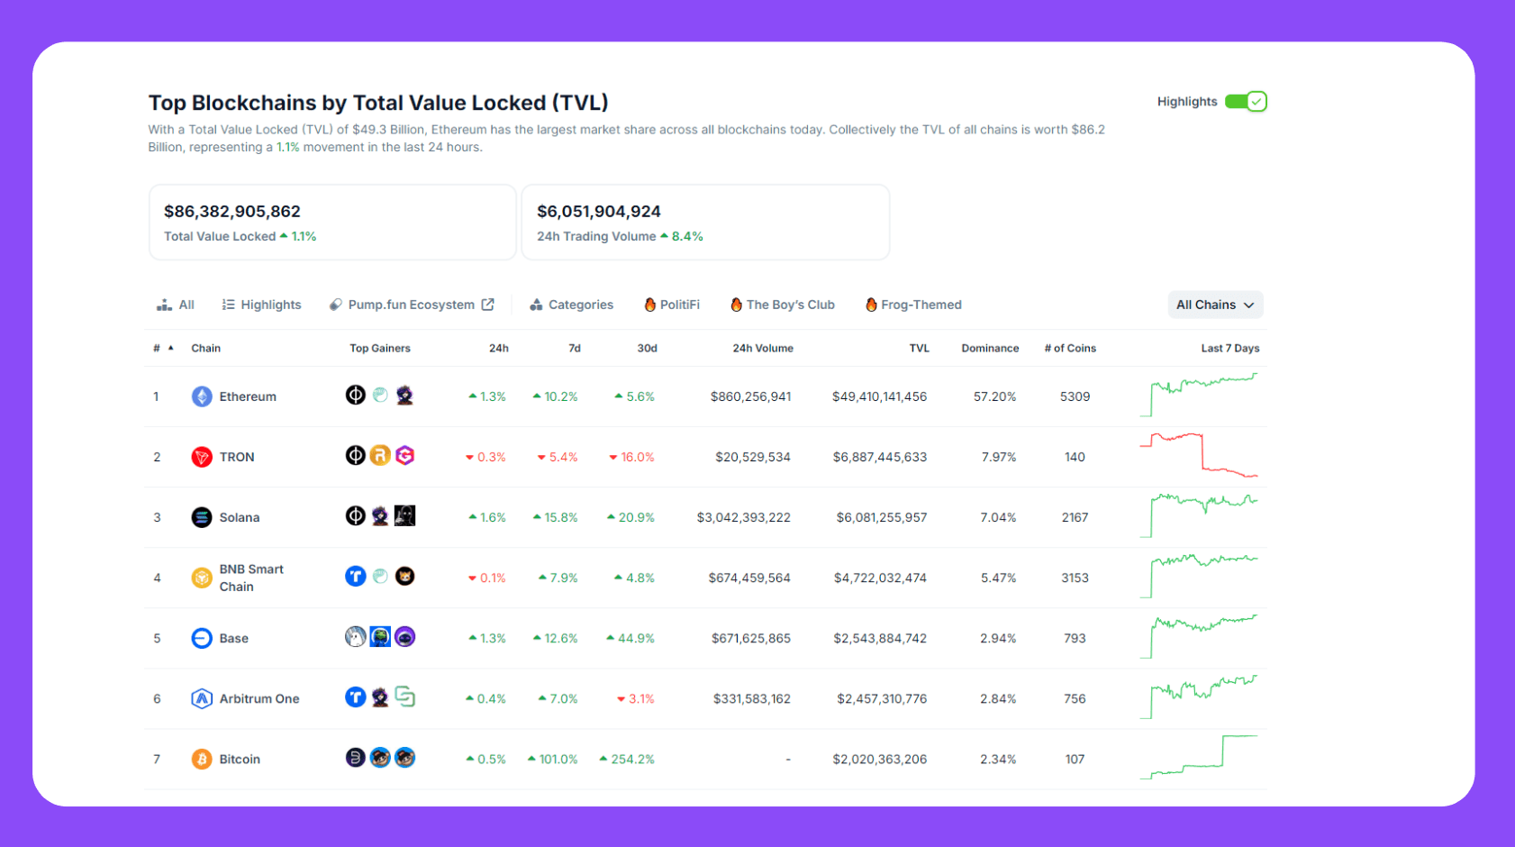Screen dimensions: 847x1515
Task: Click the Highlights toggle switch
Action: point(1246,102)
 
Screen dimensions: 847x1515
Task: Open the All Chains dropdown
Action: point(1214,305)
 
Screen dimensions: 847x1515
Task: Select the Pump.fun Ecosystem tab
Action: point(412,305)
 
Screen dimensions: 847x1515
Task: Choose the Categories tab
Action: point(572,305)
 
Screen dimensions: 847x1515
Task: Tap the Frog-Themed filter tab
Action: point(913,305)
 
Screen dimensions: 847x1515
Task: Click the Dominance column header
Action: point(990,348)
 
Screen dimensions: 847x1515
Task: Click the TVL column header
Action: point(919,348)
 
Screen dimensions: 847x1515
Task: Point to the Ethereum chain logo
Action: point(202,396)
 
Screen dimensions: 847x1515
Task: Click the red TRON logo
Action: point(202,457)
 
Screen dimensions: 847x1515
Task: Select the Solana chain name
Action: point(239,517)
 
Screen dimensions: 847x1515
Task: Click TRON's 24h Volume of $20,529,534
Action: point(752,457)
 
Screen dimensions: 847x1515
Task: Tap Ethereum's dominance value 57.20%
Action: point(994,396)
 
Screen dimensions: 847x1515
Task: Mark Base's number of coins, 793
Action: point(1075,638)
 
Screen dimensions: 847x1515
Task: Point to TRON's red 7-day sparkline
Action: point(1199,455)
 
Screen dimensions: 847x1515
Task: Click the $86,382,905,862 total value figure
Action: point(232,211)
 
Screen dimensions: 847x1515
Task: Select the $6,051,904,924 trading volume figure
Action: point(599,211)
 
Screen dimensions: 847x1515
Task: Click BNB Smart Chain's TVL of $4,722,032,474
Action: point(880,578)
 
